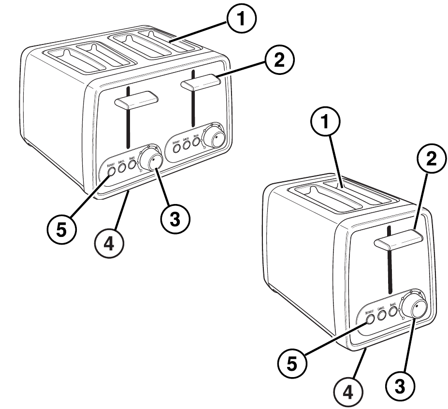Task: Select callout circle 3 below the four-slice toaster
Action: [175, 219]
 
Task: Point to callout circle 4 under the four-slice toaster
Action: [109, 244]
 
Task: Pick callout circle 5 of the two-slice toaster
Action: [291, 363]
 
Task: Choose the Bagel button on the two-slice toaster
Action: [393, 311]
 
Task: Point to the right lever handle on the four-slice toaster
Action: [201, 83]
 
